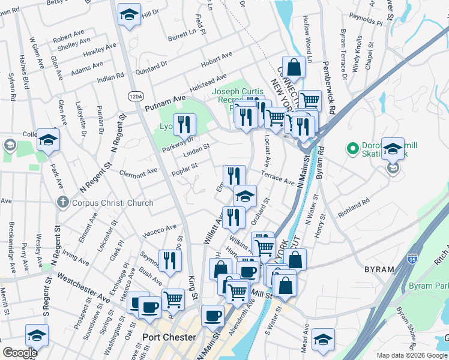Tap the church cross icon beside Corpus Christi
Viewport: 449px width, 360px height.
pyautogui.click(x=62, y=203)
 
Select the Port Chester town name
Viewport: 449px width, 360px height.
pyautogui.click(x=169, y=337)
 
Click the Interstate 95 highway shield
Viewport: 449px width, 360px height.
pyautogui.click(x=411, y=259)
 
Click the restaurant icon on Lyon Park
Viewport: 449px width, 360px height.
pyautogui.click(x=184, y=124)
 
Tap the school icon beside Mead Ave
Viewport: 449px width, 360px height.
pyautogui.click(x=323, y=340)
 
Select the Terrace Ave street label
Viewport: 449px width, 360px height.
pyautogui.click(x=277, y=178)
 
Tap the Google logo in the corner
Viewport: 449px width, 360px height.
pyautogui.click(x=20, y=353)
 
